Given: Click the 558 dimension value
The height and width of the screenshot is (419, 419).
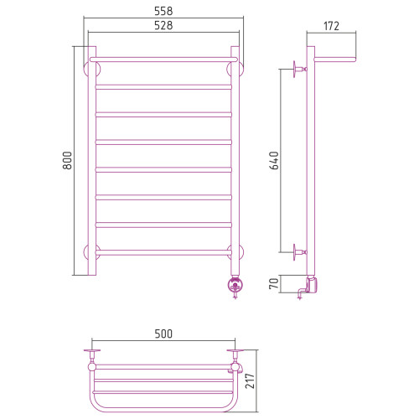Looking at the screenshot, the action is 163,11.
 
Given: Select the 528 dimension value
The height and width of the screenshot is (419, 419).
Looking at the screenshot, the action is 163,25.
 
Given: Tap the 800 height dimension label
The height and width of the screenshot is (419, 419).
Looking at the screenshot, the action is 67,160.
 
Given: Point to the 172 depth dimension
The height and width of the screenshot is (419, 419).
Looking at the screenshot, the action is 331,26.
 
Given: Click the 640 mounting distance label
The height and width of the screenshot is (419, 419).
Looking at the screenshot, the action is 274,160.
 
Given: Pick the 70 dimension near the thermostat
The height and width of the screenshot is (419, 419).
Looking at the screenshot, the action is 274,283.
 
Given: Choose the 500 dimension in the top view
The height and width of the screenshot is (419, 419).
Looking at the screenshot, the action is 163,334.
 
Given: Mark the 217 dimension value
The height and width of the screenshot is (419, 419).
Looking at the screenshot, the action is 250,380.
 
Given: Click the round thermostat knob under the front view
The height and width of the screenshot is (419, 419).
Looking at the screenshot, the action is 235,286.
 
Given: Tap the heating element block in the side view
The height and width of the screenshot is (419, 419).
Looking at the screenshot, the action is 313,285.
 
